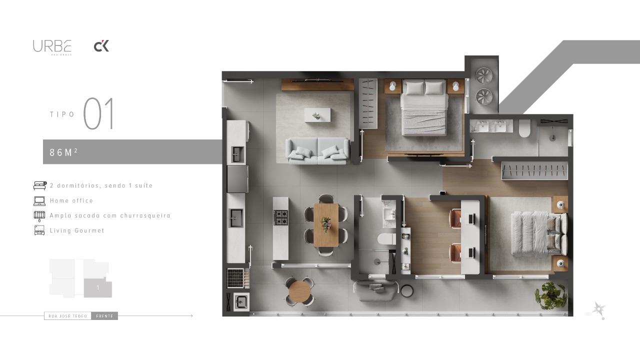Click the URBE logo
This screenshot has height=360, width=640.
coord(52,46)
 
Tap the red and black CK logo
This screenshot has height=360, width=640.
coord(101,46)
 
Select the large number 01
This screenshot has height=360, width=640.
coord(98,113)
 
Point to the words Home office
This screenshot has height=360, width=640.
coord(71,200)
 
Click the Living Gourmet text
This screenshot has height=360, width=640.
coord(77,230)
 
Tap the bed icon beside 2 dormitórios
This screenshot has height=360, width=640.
coord(39,185)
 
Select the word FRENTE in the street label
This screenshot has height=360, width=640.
coord(104,316)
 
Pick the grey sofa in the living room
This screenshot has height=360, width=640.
coord(317,151)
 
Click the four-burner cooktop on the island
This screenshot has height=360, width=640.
coord(280,217)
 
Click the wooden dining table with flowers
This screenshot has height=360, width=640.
coord(326,224)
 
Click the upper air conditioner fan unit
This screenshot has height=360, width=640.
coord(484,75)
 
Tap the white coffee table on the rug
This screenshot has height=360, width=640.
coord(317,114)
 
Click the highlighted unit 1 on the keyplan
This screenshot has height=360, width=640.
coord(97,287)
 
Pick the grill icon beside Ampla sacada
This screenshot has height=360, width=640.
coord(39,215)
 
